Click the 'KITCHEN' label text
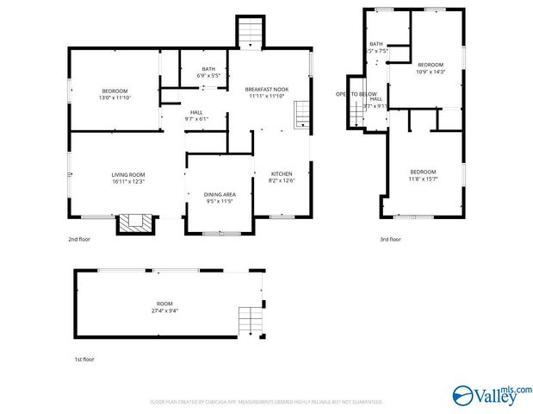pos(282,173)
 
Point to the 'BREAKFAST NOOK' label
pos(266,89)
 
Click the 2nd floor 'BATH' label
pos(208,69)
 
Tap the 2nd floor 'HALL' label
pos(196,112)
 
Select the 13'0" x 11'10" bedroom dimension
pos(115,98)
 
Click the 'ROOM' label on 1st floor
pos(164,304)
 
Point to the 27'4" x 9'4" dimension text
pos(164,312)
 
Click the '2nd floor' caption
pos(78,239)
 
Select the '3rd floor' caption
pos(390,239)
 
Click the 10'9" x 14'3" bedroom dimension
pos(431,72)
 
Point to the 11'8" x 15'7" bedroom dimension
pos(422,179)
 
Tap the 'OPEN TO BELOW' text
pos(356,93)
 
